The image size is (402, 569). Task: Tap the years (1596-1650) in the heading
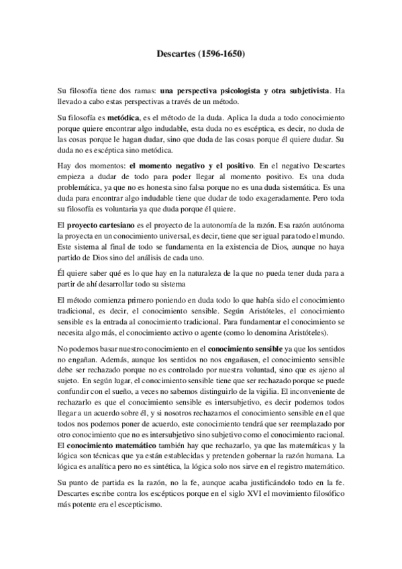(222, 53)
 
